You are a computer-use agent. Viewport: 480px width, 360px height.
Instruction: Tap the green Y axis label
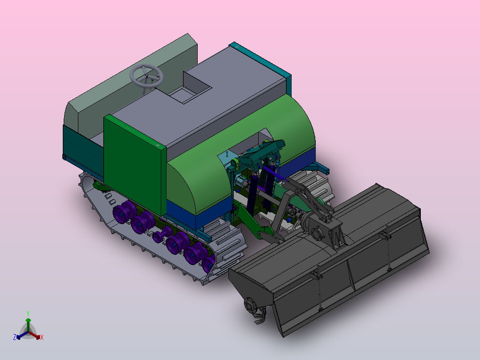28,313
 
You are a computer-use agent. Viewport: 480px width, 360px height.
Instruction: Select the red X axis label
42,337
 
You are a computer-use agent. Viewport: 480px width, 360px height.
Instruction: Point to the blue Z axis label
15,337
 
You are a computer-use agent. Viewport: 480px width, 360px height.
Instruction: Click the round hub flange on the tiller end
250,305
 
